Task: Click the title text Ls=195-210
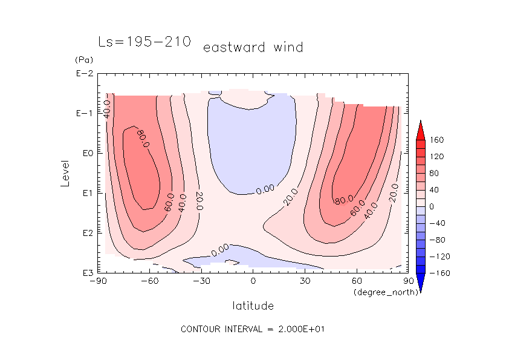[x=144, y=42]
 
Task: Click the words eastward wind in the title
[x=253, y=47]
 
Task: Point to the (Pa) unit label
[x=82, y=61]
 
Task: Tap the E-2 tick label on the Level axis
[x=84, y=74]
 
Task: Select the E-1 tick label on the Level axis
[x=84, y=114]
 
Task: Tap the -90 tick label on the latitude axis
[x=97, y=281]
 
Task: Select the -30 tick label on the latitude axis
[x=201, y=281]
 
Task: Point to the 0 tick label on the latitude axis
[x=253, y=281]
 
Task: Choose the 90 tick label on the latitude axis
[x=408, y=281]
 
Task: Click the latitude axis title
[x=253, y=306]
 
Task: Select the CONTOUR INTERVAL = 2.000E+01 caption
[x=254, y=329]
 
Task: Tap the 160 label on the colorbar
[x=437, y=140]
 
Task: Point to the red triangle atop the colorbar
[x=420, y=128]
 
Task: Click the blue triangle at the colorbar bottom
[x=420, y=283]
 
